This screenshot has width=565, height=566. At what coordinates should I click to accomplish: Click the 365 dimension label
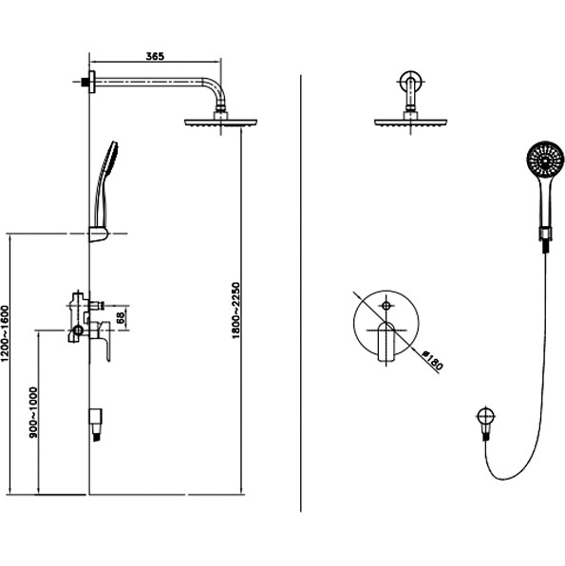click(x=155, y=56)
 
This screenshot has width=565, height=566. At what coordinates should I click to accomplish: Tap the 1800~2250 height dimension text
click(x=235, y=311)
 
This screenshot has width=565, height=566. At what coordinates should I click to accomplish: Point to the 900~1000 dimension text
click(x=33, y=412)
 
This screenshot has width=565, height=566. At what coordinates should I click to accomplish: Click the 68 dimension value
click(x=121, y=317)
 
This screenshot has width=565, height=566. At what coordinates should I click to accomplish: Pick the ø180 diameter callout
click(x=432, y=360)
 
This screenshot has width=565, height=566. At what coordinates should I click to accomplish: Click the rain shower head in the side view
click(x=220, y=123)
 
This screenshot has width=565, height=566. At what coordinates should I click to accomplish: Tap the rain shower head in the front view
click(x=410, y=123)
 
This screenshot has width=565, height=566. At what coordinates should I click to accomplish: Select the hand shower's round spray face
click(x=545, y=159)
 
